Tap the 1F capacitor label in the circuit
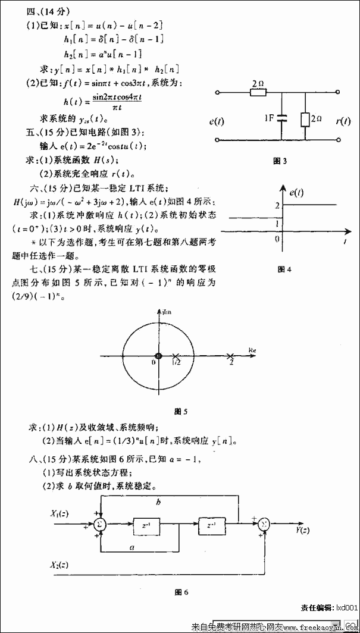tap(268, 118)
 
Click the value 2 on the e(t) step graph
tap(276, 205)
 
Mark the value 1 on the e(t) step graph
tap(276, 223)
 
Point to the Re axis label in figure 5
tap(252, 350)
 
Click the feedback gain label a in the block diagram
tap(131, 546)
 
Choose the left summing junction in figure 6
tap(101, 525)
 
